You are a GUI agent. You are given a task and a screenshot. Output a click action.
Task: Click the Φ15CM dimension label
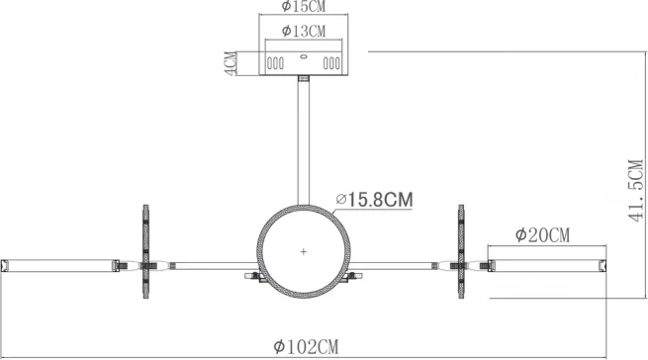pyautogui.click(x=304, y=6)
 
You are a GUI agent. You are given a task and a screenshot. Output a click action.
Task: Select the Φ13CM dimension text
pyautogui.click(x=304, y=31)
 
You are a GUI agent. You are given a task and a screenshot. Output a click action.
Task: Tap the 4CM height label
pyautogui.click(x=231, y=63)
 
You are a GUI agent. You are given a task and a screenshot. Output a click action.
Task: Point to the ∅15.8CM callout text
pyautogui.click(x=374, y=200)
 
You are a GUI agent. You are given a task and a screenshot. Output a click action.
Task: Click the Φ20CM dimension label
pyautogui.click(x=542, y=235)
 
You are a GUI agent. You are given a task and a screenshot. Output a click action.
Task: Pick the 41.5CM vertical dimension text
pyautogui.click(x=636, y=190)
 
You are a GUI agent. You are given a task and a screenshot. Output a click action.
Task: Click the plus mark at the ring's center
pyautogui.click(x=304, y=251)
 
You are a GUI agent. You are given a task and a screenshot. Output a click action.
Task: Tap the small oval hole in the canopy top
pyautogui.click(x=304, y=56)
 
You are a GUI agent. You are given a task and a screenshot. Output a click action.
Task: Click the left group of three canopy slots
pyautogui.click(x=275, y=63)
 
